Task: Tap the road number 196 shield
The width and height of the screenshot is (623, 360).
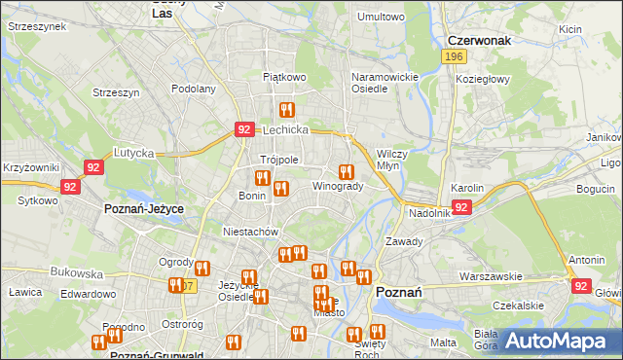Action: coord(452,58)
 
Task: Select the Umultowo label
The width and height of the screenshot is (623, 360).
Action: coord(381,17)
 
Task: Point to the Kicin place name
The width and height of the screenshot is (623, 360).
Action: coord(569,29)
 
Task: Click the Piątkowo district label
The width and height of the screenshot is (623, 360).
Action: coord(284,76)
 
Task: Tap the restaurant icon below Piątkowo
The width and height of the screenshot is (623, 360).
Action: coord(286,110)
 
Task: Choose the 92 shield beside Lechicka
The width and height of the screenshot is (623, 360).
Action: coord(244,128)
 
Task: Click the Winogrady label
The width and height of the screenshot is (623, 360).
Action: coord(338,186)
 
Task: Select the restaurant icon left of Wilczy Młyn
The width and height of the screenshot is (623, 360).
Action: coord(346,172)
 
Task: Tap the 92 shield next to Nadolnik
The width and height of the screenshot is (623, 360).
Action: coord(461,207)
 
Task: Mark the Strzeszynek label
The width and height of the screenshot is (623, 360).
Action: coord(36,27)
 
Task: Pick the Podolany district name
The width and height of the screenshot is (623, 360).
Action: coord(193,89)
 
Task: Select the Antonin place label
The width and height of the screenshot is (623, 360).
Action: coord(587,260)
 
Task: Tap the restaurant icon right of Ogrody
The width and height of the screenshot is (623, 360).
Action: coord(202,269)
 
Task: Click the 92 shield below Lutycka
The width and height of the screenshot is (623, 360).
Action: coord(93,167)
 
